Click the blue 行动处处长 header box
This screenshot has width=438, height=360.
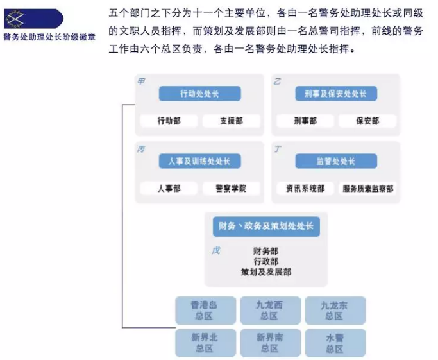pyautogui.click(x=199, y=94)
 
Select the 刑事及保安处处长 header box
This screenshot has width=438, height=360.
pyautogui.click(x=336, y=94)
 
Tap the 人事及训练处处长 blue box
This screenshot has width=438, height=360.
pyautogui.click(x=199, y=161)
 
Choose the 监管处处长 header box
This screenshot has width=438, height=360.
pyautogui.click(x=336, y=161)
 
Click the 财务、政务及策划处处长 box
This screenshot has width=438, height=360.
pyautogui.click(x=266, y=227)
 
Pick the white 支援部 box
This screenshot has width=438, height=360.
pyautogui.click(x=232, y=121)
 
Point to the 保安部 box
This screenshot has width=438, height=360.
pyautogui.click(x=367, y=121)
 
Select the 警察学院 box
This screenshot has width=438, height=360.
pyautogui.click(x=232, y=189)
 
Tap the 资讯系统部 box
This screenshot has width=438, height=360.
pyautogui.click(x=305, y=189)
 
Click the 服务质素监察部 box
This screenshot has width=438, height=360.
pyautogui.click(x=367, y=189)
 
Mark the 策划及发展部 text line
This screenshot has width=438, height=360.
pyautogui.click(x=266, y=272)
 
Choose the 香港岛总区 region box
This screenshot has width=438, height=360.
pyautogui.click(x=206, y=311)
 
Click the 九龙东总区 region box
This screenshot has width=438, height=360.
pyautogui.click(x=335, y=311)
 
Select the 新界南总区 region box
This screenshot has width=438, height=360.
pyautogui.click(x=271, y=343)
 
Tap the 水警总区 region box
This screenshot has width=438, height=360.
pyautogui.click(x=335, y=343)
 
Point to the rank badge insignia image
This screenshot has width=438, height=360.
pyautogui.click(x=33, y=19)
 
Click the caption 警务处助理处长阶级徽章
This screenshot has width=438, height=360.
pyautogui.click(x=50, y=37)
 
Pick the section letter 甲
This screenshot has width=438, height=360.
pyautogui.click(x=141, y=81)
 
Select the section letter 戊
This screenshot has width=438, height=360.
pyautogui.click(x=215, y=251)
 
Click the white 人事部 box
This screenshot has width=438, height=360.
pyautogui.click(x=169, y=189)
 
